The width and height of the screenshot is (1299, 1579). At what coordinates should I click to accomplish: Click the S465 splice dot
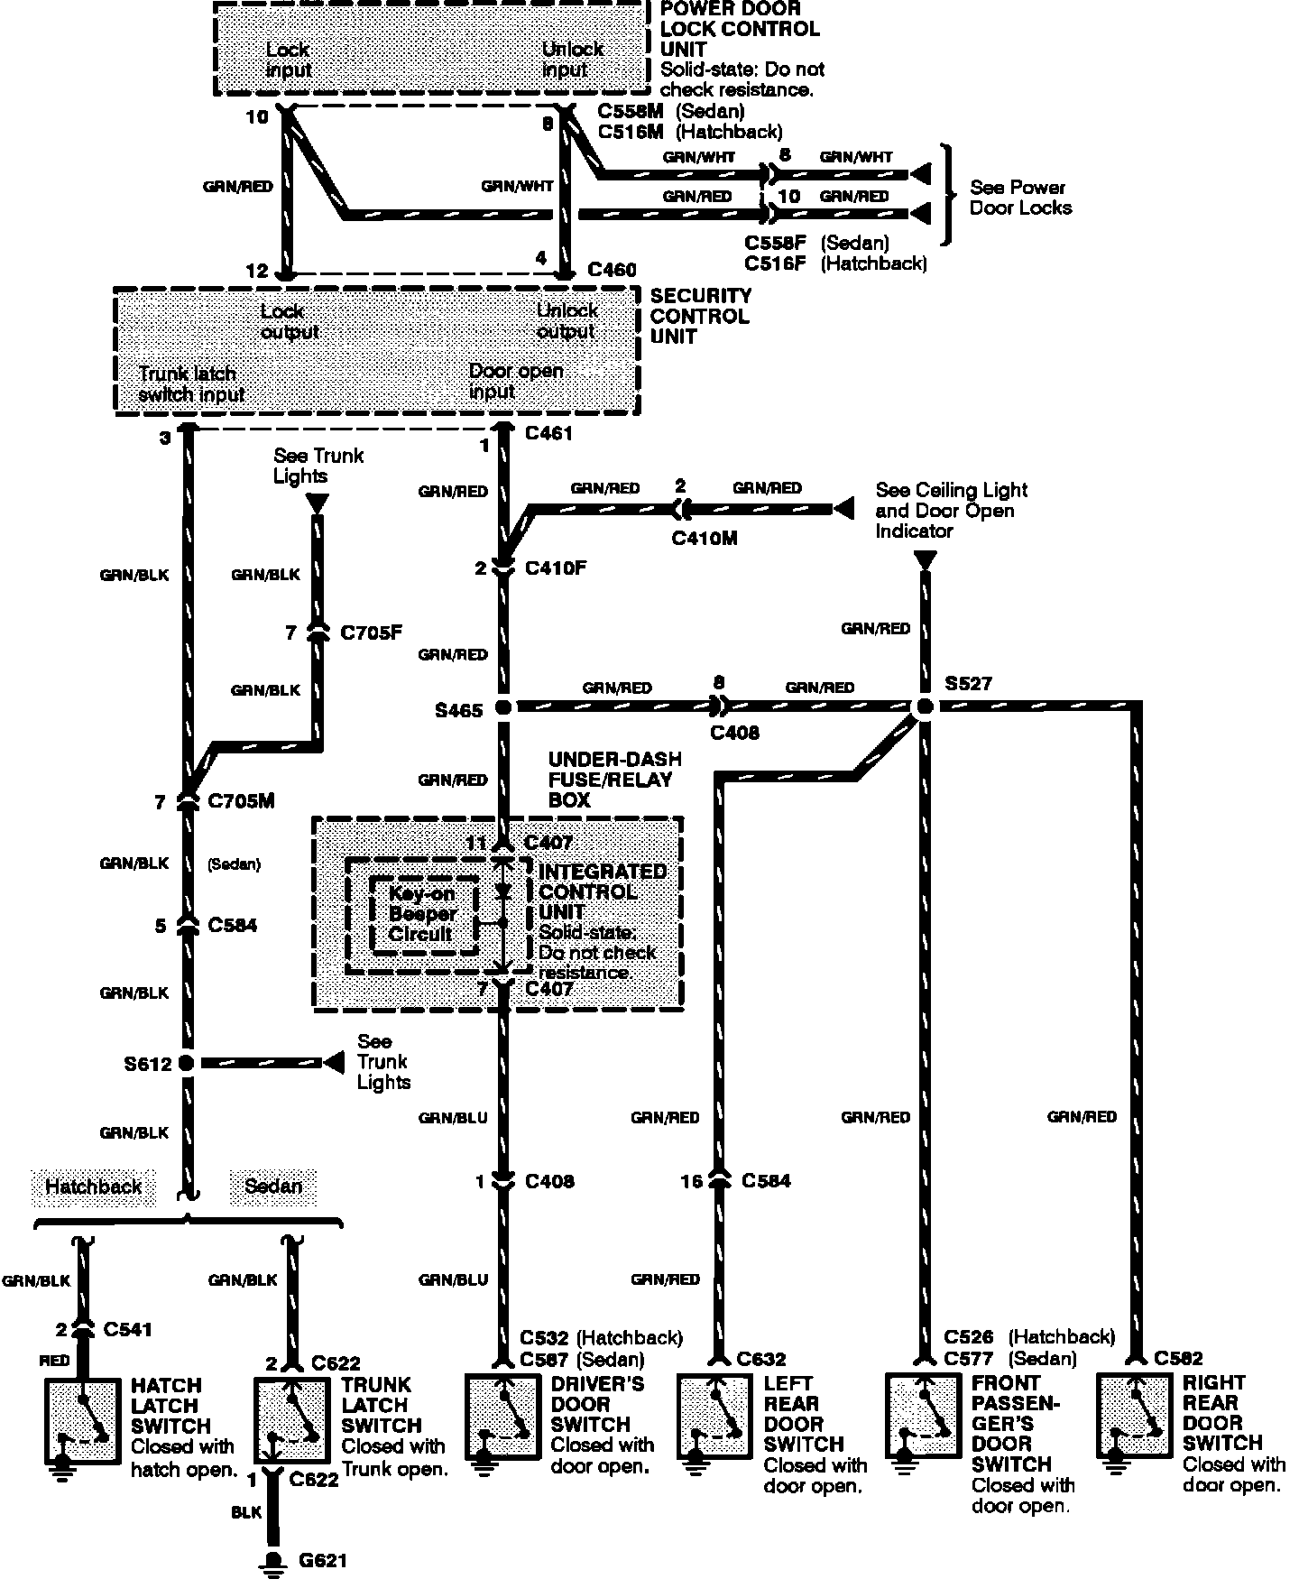pos(503,708)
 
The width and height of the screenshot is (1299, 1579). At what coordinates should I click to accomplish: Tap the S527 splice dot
pos(923,707)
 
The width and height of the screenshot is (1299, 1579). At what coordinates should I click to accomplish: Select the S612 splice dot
pos(187,1063)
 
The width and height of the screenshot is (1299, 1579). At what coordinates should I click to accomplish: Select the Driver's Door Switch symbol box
pos(502,1416)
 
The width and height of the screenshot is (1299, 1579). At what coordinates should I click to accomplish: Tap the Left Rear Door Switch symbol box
pos(714,1415)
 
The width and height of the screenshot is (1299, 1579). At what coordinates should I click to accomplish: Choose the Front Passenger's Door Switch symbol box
pos(923,1415)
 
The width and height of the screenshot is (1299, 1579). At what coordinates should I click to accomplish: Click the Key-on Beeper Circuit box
pos(422,915)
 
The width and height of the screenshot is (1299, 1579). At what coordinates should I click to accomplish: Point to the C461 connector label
pos(548,433)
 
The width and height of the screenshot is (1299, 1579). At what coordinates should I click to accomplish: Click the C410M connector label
pos(704,539)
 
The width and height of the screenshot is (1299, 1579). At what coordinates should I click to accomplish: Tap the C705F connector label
pos(371,633)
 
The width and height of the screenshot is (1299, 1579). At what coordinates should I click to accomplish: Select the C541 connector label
pos(127,1329)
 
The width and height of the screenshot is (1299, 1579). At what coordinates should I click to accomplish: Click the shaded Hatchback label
pos(93,1186)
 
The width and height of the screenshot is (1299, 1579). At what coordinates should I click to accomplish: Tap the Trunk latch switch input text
pos(190,383)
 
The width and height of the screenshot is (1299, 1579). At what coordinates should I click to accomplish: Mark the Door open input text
pos(515,381)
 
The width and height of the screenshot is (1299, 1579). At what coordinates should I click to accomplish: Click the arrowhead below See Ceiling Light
pos(925,560)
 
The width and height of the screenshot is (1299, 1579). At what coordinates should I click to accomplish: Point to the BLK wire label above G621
pos(245,1513)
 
